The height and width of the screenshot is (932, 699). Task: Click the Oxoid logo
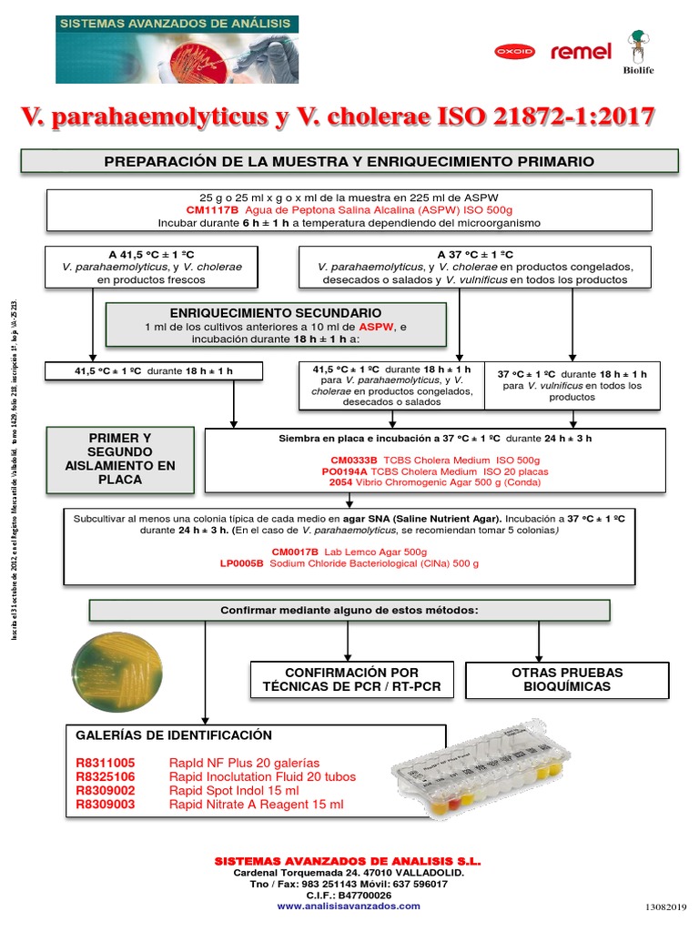(514, 52)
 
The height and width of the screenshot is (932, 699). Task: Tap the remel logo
(581, 52)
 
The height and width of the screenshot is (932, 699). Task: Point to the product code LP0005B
(241, 563)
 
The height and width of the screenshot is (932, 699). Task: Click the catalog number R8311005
(106, 763)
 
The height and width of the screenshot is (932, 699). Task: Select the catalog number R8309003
(106, 805)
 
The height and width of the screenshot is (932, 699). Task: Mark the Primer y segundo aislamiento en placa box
(120, 459)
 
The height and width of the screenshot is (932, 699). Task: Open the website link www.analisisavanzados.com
(349, 906)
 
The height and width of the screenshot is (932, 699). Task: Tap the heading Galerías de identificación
(174, 735)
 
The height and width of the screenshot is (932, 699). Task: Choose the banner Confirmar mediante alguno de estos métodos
(349, 610)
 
